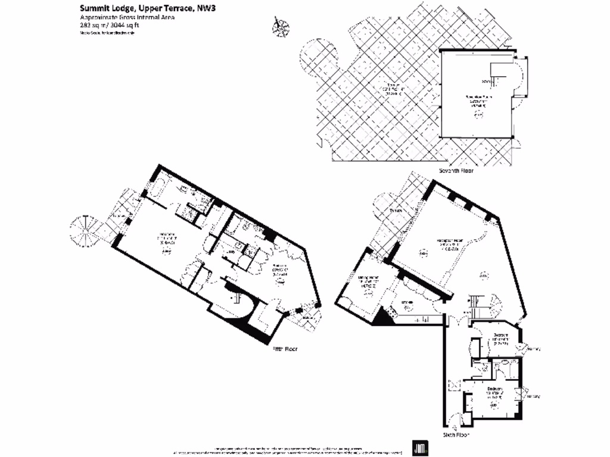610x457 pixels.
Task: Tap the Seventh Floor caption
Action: [x=456, y=170]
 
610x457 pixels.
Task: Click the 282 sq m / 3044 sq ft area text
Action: [x=113, y=26]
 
